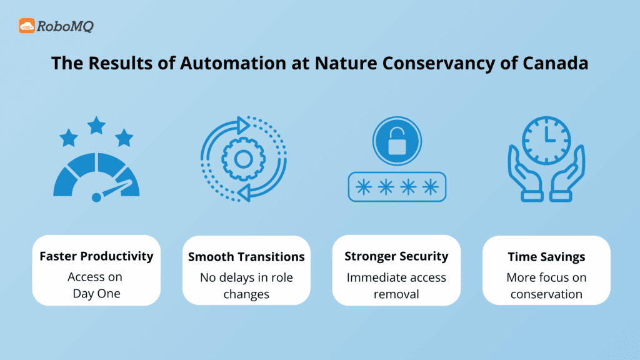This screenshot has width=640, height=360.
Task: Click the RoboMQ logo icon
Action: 27,26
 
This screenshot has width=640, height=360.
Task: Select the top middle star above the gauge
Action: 96,126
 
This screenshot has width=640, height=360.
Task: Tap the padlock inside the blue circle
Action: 396,142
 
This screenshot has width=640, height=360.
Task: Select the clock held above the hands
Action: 546,140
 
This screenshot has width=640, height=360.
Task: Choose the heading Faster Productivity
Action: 96,256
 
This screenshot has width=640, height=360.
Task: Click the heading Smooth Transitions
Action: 246,257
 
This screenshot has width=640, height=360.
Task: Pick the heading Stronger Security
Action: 396,256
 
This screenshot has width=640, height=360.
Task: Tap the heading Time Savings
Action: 546,257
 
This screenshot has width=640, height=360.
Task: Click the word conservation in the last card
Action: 546,294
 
